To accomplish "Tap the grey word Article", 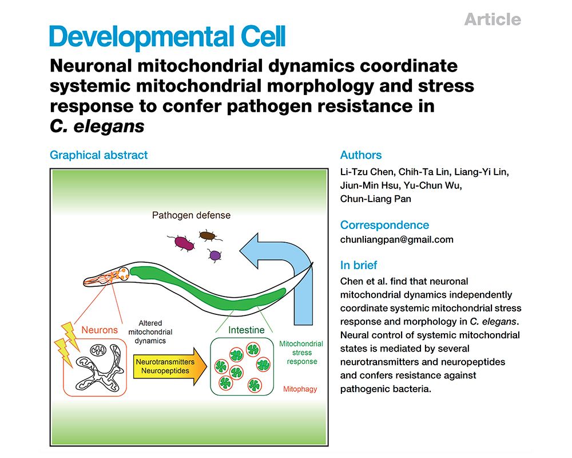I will (492, 19).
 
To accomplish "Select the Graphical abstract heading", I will (98, 155).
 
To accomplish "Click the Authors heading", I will (360, 155).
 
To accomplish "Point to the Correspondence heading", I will (384, 225).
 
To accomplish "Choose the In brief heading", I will (359, 265).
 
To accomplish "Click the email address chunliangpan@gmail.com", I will (396, 240).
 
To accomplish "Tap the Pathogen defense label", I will (191, 216).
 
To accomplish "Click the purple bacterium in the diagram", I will (215, 255).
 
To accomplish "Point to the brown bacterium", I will (207, 235).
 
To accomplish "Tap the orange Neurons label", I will (99, 330).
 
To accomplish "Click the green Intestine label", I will (246, 330).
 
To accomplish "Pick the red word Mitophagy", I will (300, 389).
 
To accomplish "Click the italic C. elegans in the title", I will (97, 127).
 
